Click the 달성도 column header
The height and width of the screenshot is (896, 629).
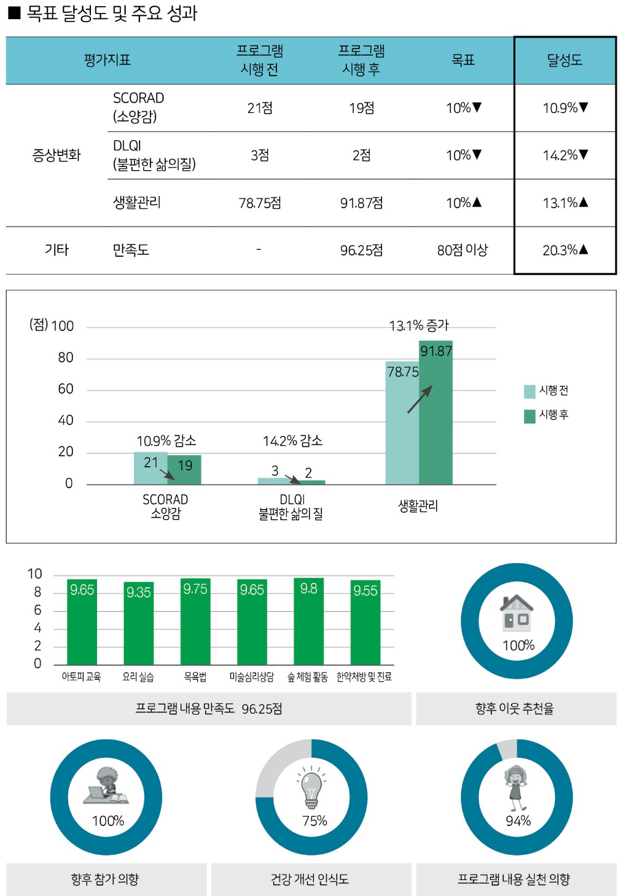click(565, 60)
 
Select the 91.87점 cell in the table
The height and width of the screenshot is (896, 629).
click(361, 203)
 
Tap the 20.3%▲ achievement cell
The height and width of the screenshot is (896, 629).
click(565, 250)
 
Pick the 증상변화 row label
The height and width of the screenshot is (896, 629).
click(57, 155)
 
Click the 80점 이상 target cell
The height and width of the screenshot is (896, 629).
click(463, 250)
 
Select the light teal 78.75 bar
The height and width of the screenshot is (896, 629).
click(402, 430)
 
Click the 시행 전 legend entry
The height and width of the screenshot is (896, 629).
click(547, 391)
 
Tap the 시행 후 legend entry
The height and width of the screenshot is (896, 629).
click(547, 416)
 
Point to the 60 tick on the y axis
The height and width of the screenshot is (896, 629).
click(66, 389)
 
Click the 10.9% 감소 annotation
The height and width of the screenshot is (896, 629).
click(166, 441)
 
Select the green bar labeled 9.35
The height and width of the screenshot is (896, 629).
click(139, 626)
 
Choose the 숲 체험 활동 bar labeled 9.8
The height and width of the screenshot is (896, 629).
click(308, 623)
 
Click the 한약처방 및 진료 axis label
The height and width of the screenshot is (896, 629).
click(364, 677)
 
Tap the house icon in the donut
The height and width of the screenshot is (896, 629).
click(517, 612)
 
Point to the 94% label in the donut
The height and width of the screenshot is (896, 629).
click(518, 821)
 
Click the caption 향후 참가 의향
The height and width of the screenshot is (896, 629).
click(105, 879)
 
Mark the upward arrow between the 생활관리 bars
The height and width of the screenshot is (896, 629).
click(420, 399)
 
